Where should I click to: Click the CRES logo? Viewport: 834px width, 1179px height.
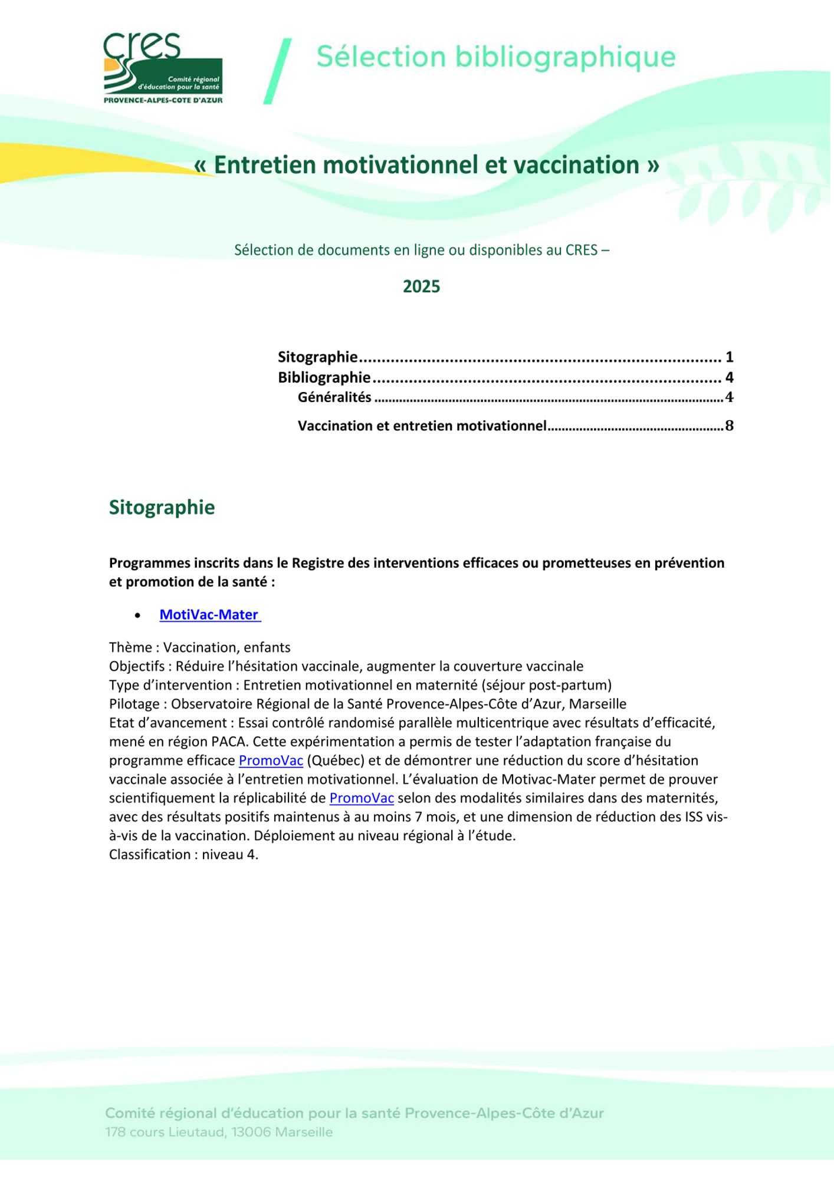coord(163,68)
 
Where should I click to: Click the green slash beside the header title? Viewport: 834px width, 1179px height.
coord(277,71)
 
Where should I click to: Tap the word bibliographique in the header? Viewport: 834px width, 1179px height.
coord(565,57)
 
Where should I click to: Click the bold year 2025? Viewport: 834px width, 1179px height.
coord(421,286)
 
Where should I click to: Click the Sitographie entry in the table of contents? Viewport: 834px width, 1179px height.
coord(318,357)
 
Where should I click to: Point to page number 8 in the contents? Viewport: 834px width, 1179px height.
coord(729,426)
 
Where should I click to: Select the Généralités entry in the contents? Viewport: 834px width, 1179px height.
coord(334,397)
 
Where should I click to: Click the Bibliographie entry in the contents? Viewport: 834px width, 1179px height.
coord(324,377)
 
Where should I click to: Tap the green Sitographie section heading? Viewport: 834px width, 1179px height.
coord(162,508)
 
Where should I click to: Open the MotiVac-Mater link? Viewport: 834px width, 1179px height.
coord(209,615)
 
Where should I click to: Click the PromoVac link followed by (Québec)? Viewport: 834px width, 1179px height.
coord(271,760)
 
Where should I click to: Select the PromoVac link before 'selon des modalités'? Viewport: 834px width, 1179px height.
coord(362,798)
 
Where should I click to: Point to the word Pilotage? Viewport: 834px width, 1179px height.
coord(134,704)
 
